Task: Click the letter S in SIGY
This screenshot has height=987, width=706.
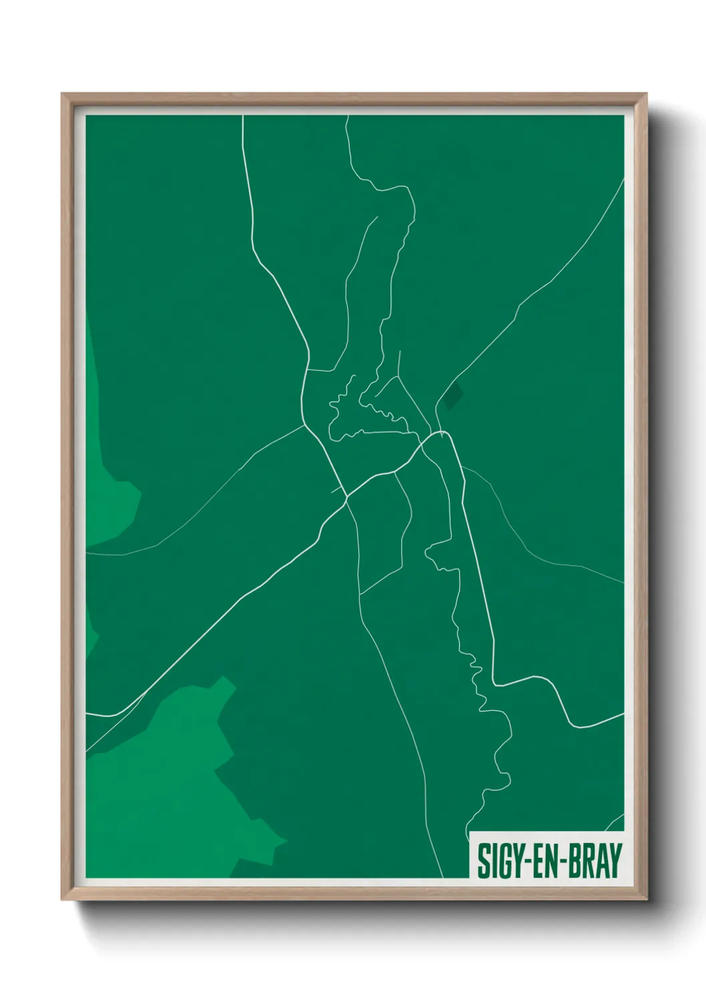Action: [482, 861]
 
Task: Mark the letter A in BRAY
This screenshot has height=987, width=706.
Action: [603, 861]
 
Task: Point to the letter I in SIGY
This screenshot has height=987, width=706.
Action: [492, 861]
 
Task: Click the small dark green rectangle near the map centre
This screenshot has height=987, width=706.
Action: [454, 395]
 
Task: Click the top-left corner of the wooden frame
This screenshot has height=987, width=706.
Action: [63, 95]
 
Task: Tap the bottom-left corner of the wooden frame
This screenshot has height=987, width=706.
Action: [63, 899]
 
